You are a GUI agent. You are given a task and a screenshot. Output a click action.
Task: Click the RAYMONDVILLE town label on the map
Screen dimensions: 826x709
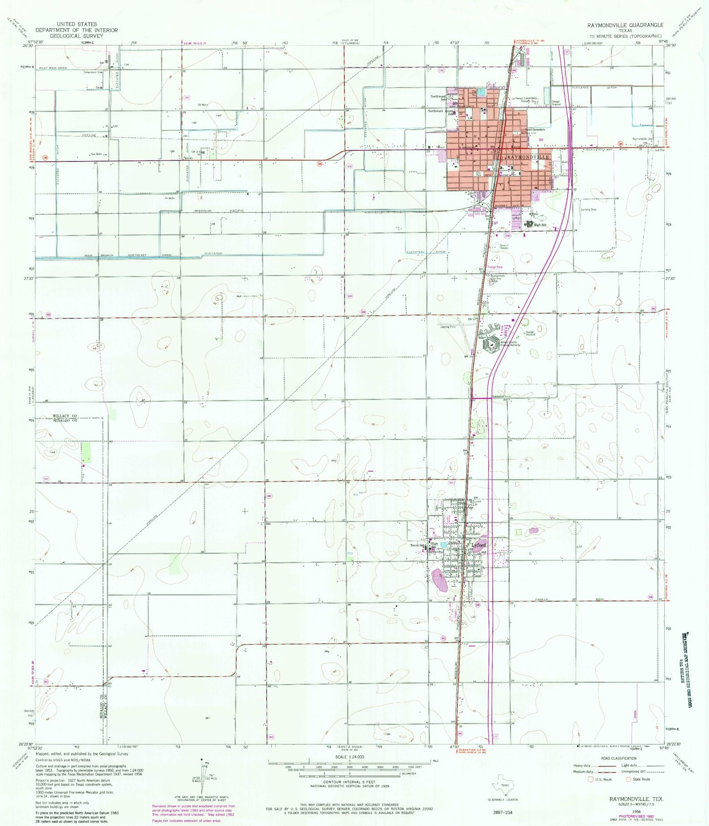click(x=528, y=157)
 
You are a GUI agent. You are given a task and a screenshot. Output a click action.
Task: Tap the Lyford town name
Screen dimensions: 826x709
click(x=479, y=545)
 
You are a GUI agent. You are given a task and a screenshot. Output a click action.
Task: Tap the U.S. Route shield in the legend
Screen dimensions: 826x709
click(x=590, y=779)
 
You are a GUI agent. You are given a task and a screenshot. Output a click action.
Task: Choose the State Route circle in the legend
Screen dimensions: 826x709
click(x=628, y=779)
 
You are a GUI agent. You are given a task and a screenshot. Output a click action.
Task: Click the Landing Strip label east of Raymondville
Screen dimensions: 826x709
click(x=588, y=210)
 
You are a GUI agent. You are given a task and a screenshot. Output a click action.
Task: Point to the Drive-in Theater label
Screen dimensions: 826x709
click(x=504, y=247)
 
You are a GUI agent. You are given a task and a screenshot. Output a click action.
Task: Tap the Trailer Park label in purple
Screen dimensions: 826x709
click(x=495, y=267)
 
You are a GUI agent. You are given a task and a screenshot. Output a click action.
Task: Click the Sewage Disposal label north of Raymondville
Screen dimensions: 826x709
click(x=556, y=103)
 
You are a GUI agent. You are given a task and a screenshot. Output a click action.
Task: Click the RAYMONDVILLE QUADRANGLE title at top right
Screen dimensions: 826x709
click(x=625, y=25)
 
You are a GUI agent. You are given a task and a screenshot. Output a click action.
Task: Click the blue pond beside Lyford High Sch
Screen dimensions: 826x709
click(x=443, y=545)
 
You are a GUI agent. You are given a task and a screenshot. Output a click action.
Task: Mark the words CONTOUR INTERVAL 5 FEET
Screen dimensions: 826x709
click(x=349, y=782)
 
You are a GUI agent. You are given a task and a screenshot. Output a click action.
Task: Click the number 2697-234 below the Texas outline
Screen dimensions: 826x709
click(x=502, y=814)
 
